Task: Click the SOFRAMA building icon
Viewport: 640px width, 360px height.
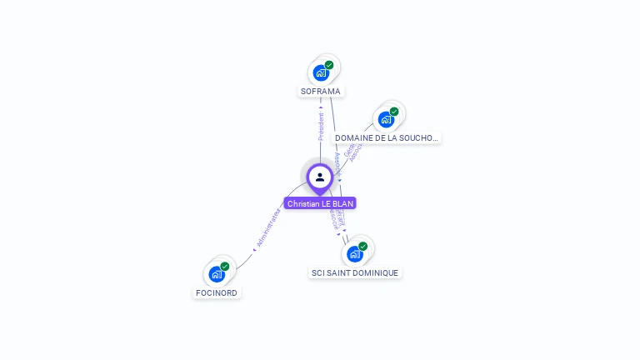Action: (x=321, y=73)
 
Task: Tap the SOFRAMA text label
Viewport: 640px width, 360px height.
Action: (x=321, y=91)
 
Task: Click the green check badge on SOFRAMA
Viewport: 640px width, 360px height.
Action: (x=329, y=65)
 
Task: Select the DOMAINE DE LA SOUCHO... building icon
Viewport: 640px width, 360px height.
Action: (x=386, y=120)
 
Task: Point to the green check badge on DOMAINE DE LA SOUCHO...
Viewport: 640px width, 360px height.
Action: (x=394, y=112)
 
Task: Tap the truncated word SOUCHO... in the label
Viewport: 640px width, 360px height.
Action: (x=418, y=138)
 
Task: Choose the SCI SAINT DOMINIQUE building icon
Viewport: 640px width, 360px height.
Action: (x=355, y=254)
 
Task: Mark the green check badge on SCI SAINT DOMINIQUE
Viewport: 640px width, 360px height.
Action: (x=363, y=246)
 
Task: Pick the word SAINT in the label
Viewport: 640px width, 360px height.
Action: (x=340, y=272)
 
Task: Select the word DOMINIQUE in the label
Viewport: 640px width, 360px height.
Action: (x=377, y=272)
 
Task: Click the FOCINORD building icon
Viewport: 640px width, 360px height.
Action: (x=217, y=274)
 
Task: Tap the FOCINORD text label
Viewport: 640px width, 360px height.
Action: (x=217, y=293)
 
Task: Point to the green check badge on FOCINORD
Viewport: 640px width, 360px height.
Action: (x=225, y=267)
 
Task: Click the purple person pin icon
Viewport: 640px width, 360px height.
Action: (x=320, y=177)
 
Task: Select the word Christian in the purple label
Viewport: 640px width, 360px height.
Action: (x=303, y=203)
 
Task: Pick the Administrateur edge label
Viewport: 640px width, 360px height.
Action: (x=268, y=227)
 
